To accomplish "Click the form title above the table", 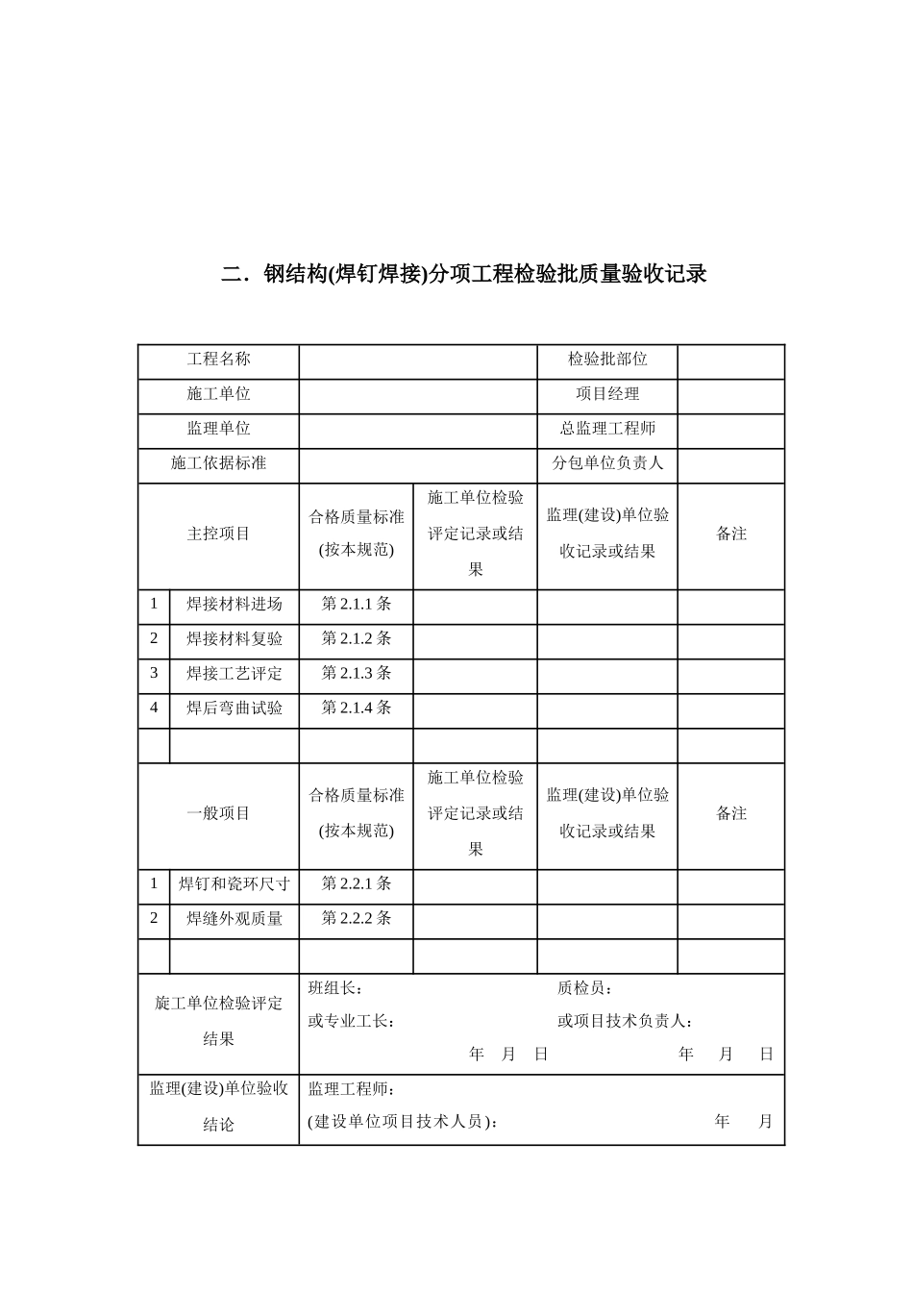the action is pos(464,275).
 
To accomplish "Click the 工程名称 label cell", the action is pos(218,360).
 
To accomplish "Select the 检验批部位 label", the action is pos(607,360).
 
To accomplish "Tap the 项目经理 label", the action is pos(607,394).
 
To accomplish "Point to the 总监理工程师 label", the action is pos(607,429).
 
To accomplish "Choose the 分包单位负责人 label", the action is pos(607,463).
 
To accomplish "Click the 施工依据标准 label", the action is pos(218,463).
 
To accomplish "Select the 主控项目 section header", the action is pos(218,534).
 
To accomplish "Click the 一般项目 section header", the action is pos(218,813).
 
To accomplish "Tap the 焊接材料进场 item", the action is pos(234,605).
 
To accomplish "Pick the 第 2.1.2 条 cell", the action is pos(357,639).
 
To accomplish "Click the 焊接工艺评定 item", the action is pos(234,674).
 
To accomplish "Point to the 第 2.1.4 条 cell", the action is pos(357,708).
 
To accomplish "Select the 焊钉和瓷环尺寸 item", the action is pos(234,884).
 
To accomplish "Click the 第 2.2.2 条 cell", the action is pos(357,919).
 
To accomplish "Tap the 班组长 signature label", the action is pos(335,989).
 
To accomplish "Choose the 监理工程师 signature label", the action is pos(352,1090).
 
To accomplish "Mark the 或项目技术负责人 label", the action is pos(626,1022).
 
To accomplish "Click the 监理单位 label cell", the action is pos(218,429).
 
